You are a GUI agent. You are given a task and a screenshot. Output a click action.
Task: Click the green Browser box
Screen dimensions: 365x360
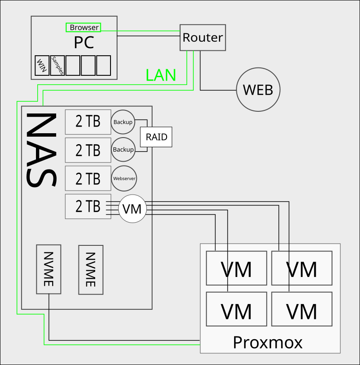(83, 27)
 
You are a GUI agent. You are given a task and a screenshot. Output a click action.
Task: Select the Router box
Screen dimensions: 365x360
(203, 37)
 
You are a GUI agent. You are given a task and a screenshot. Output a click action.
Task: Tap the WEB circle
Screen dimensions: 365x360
(258, 89)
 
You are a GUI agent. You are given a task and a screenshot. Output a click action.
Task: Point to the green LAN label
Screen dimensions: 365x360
(161, 76)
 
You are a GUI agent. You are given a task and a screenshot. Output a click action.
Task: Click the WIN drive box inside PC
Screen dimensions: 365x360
(42, 66)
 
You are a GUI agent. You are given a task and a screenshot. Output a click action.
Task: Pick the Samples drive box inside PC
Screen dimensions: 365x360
(57, 66)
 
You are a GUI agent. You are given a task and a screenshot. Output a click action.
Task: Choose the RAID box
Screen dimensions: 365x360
(156, 137)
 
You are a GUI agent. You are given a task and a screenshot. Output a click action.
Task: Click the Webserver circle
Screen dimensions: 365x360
(125, 178)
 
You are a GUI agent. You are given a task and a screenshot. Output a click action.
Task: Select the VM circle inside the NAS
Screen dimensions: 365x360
(132, 209)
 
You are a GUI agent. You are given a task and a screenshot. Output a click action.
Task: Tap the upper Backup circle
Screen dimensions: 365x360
(123, 122)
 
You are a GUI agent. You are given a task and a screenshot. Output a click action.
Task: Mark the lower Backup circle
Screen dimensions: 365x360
(123, 149)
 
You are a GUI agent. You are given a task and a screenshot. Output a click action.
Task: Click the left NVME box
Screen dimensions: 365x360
(49, 269)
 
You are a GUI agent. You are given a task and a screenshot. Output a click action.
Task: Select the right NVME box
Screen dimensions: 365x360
(91, 269)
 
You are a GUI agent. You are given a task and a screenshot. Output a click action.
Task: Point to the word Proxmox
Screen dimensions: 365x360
(267, 342)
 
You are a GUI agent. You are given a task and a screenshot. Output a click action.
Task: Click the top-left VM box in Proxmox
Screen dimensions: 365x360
(236, 268)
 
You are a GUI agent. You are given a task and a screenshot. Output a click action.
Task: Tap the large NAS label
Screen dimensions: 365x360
(41, 150)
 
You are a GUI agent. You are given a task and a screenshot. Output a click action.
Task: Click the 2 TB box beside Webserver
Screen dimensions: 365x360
(88, 178)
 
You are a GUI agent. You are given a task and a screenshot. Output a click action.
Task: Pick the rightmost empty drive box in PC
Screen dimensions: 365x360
(103, 66)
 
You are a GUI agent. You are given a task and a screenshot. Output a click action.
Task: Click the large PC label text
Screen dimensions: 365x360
(84, 43)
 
